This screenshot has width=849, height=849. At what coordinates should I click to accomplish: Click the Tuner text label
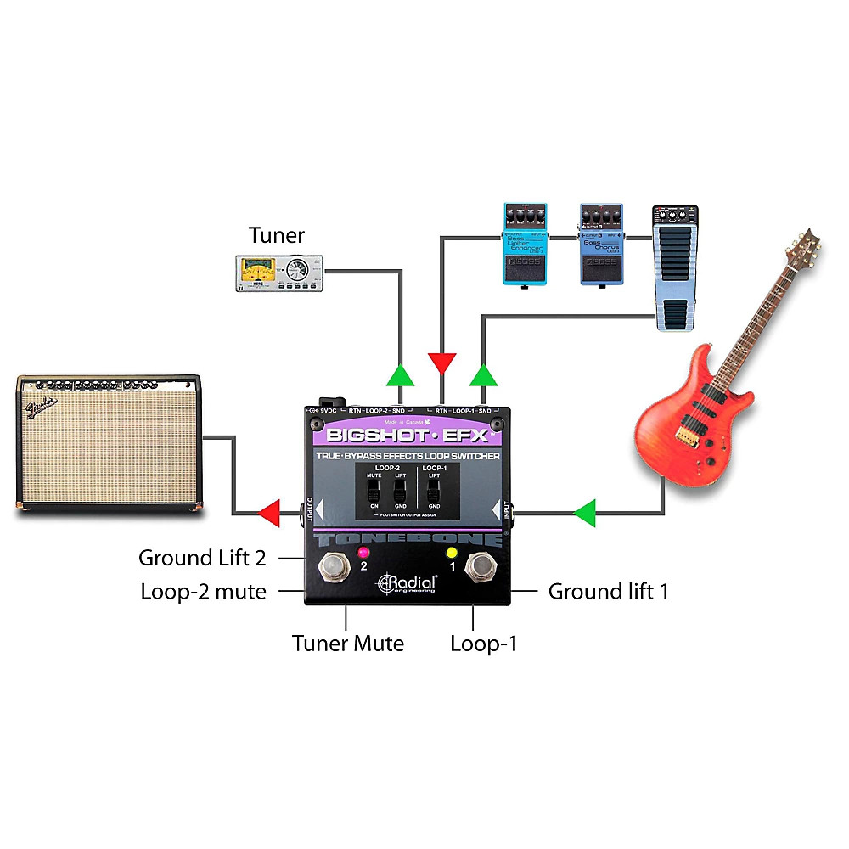point(276,234)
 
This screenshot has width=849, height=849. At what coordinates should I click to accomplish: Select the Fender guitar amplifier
point(110,442)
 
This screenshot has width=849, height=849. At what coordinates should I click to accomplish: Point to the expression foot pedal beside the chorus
point(675,266)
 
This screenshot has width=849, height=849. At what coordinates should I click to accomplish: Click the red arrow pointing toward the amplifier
point(270,512)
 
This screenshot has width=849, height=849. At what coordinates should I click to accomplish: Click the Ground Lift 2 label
point(202,558)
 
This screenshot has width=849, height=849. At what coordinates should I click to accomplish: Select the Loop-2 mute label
point(204,591)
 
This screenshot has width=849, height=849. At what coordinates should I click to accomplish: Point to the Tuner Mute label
point(348,644)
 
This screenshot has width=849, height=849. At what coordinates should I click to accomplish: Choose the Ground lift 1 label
point(608,591)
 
